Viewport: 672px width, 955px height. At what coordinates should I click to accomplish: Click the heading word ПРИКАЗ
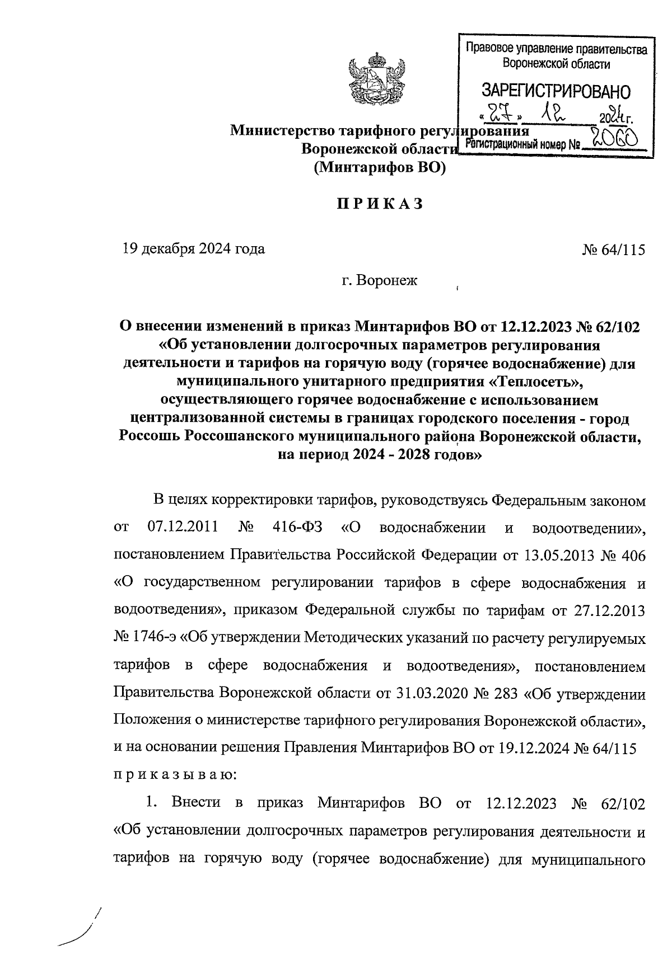(379, 205)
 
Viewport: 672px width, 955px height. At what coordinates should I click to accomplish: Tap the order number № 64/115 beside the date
(613, 250)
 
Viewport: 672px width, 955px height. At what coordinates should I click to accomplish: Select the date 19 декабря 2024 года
(194, 249)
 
